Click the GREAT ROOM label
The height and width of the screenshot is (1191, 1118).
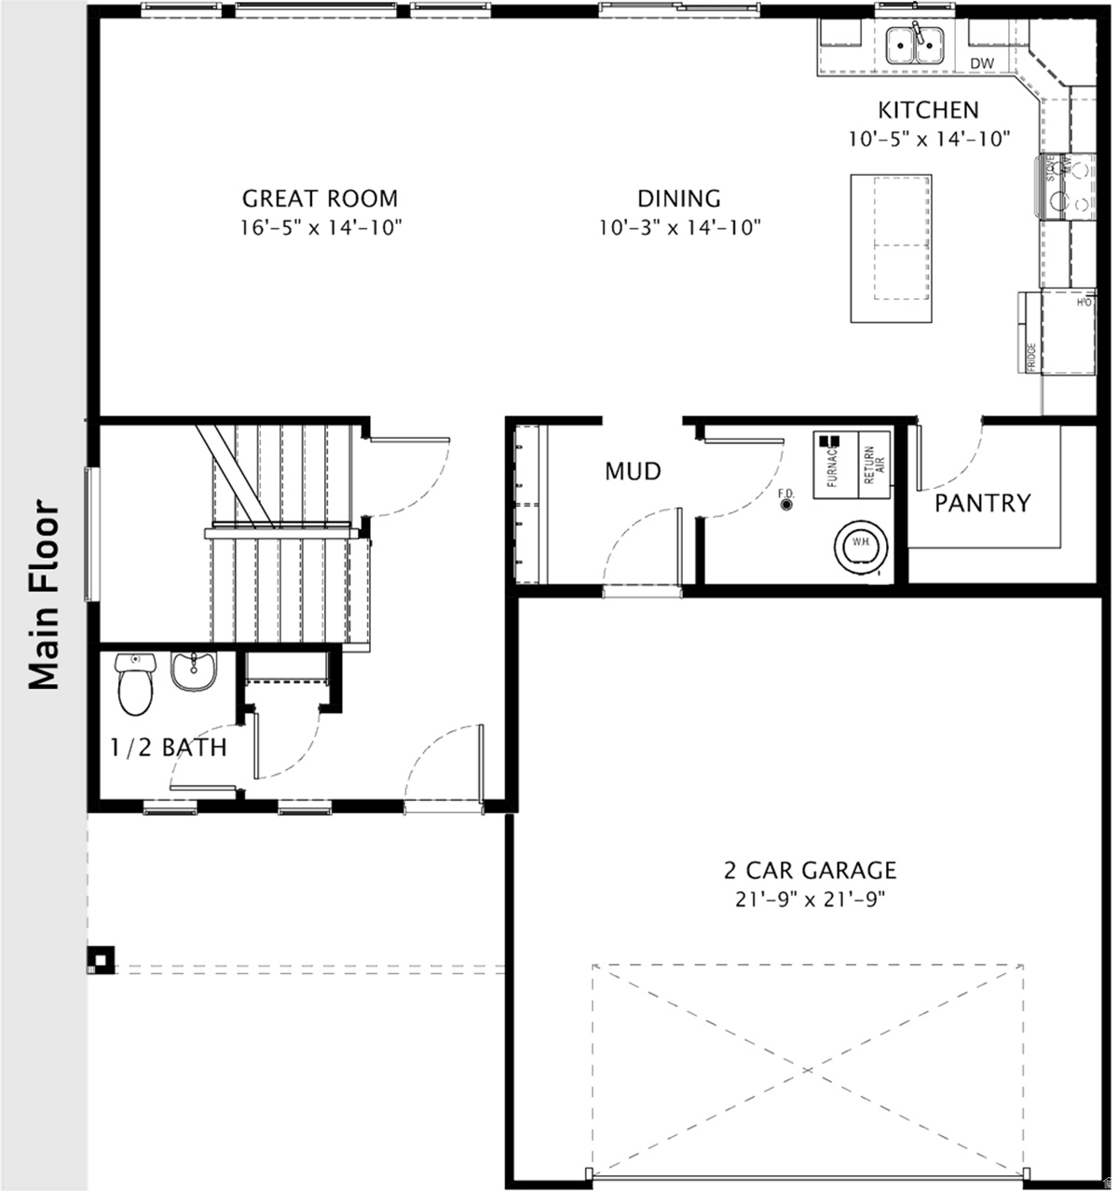click(x=320, y=198)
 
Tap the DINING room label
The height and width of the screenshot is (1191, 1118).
click(x=679, y=198)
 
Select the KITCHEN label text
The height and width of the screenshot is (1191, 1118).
click(x=929, y=110)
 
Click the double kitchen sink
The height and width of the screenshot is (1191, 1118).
click(x=915, y=45)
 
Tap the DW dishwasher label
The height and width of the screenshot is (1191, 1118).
click(x=982, y=62)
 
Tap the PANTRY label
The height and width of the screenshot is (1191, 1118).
click(x=983, y=504)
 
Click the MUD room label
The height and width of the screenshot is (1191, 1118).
click(x=633, y=471)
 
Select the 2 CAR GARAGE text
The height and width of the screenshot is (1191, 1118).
click(x=810, y=871)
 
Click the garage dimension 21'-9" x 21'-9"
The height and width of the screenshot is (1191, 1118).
click(x=810, y=900)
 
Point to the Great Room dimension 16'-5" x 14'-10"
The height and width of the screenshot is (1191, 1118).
click(x=320, y=226)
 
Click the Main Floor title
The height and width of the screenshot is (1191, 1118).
click(x=44, y=596)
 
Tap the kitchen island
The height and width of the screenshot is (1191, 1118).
click(x=892, y=248)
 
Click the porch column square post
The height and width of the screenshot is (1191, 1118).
click(x=100, y=961)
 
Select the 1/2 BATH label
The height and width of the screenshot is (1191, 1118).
click(x=168, y=748)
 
